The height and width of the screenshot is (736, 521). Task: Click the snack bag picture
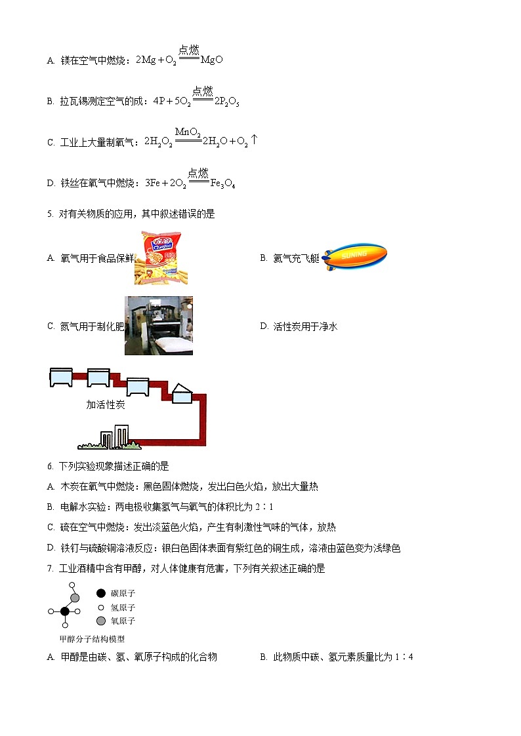pyautogui.click(x=156, y=258)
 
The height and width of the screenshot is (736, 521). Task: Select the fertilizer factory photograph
pyautogui.click(x=159, y=326)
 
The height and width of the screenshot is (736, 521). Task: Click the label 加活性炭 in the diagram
pyautogui.click(x=105, y=404)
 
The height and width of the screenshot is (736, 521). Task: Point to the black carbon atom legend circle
pyautogui.click(x=100, y=593)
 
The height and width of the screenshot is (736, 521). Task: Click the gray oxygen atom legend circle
pyautogui.click(x=100, y=621)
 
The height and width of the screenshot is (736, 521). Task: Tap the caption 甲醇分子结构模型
pyautogui.click(x=92, y=639)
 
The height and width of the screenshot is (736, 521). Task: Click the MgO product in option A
pyautogui.click(x=211, y=60)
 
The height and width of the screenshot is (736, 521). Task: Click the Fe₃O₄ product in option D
pyautogui.click(x=222, y=184)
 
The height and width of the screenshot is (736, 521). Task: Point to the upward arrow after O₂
pyautogui.click(x=254, y=140)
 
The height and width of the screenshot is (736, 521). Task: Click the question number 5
pyautogui.click(x=50, y=214)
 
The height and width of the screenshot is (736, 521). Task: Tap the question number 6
pyautogui.click(x=50, y=466)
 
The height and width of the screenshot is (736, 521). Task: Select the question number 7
pyautogui.click(x=50, y=569)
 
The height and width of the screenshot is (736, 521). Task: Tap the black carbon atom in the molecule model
pyautogui.click(x=65, y=611)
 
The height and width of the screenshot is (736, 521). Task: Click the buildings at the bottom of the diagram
pyautogui.click(x=115, y=436)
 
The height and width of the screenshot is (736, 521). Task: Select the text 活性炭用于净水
pyautogui.click(x=305, y=326)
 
